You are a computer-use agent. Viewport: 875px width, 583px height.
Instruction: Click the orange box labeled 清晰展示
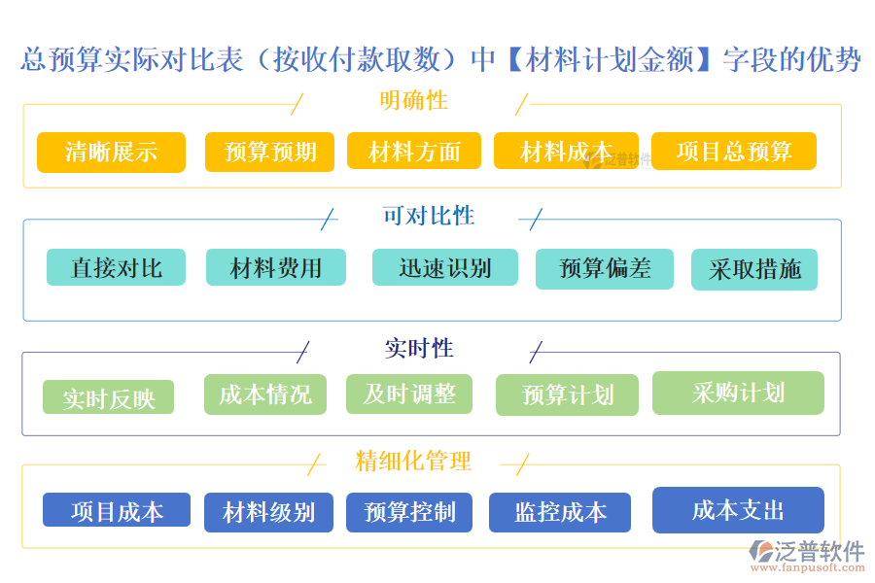click(x=111, y=153)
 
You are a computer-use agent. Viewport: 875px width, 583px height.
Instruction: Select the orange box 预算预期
click(x=269, y=153)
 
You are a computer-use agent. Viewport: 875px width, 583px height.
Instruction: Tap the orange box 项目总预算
click(x=733, y=152)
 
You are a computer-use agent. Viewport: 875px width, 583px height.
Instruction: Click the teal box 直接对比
click(x=116, y=268)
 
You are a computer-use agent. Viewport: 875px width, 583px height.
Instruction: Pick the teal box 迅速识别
click(x=444, y=268)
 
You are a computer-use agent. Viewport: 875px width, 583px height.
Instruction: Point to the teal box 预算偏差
click(x=605, y=269)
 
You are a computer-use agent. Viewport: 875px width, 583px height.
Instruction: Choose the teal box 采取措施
click(x=754, y=270)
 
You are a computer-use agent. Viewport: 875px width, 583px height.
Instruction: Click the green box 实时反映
click(x=108, y=397)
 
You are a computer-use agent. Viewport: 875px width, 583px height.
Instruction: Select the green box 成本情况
click(x=265, y=394)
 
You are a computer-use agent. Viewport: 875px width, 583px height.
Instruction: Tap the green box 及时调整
click(x=409, y=394)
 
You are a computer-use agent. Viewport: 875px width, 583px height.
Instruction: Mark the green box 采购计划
click(x=738, y=394)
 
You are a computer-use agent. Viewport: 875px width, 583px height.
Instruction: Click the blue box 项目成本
click(x=117, y=511)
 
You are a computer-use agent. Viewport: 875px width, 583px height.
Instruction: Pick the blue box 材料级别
click(x=268, y=513)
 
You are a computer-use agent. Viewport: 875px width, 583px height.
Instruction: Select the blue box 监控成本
click(x=560, y=513)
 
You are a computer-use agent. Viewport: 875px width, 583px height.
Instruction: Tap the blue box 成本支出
click(x=738, y=510)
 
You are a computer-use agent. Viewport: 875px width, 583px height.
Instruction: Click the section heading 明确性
click(x=413, y=100)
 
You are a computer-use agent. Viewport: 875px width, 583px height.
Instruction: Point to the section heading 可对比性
click(x=429, y=216)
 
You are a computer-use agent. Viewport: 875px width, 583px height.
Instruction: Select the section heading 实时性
click(x=419, y=348)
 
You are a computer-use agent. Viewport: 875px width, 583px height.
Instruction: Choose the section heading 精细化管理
click(x=413, y=461)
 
